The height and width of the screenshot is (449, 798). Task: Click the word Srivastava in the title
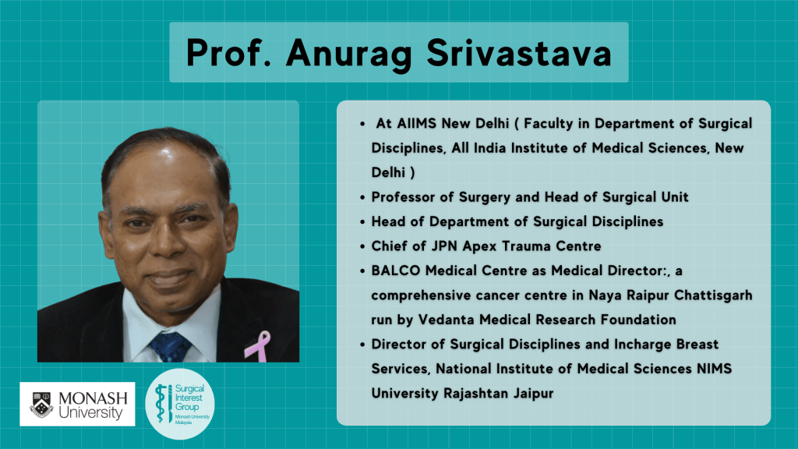[x=519, y=52]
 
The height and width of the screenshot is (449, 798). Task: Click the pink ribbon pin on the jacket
[x=258, y=346]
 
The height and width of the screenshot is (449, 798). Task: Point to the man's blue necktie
[x=171, y=347]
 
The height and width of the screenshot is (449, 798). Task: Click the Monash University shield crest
[x=42, y=405]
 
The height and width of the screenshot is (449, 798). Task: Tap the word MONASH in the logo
[x=94, y=398]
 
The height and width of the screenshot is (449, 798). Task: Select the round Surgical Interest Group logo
[x=180, y=405]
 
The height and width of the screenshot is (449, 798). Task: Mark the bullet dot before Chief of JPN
[x=362, y=247]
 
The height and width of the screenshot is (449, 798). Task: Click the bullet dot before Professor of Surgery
[x=362, y=197]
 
